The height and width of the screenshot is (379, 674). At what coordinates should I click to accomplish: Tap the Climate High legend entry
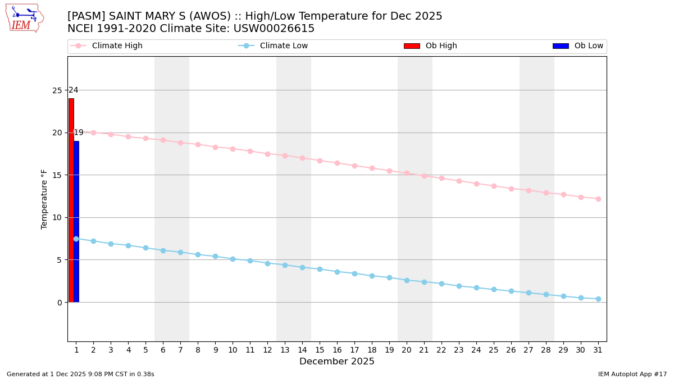point(116,46)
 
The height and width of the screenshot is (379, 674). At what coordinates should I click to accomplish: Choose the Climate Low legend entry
point(283,46)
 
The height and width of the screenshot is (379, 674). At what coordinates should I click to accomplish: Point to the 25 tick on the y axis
point(57,90)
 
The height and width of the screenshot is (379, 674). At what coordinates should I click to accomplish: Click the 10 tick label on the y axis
point(57,217)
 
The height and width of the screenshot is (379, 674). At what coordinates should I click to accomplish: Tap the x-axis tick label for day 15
point(320,350)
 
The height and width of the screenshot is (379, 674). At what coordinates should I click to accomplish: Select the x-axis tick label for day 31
point(598,350)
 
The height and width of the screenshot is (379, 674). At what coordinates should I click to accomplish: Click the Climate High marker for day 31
point(598,199)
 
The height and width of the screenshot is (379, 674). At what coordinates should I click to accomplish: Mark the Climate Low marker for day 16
point(337,272)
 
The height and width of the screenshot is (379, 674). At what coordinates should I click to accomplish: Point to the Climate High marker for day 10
point(233,149)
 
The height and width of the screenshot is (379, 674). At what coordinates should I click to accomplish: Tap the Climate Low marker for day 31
point(598,299)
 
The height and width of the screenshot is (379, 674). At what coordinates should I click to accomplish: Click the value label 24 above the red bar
point(73,90)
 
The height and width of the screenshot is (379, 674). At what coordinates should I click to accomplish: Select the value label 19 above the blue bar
point(79,133)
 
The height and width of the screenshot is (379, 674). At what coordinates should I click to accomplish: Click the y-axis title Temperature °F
point(44,199)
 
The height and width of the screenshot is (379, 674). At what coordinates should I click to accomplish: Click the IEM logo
point(24,18)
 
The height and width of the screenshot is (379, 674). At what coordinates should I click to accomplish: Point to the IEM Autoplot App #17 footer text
point(632,374)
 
